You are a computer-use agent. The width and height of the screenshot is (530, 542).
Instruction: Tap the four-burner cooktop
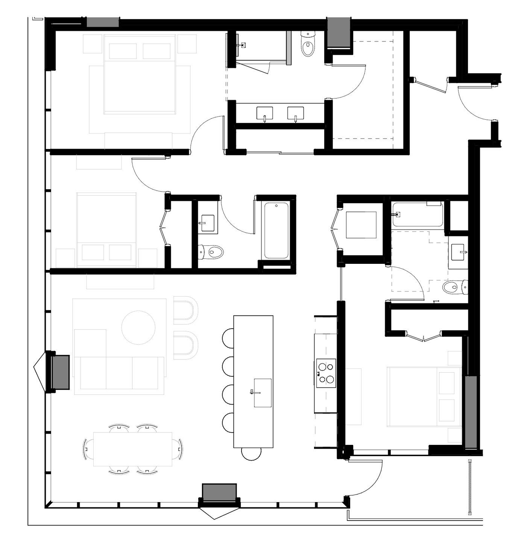click(x=326, y=373)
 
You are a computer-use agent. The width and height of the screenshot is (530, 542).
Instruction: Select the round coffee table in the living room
click(x=138, y=327)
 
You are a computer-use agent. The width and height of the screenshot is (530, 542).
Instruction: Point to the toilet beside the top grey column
click(x=308, y=44)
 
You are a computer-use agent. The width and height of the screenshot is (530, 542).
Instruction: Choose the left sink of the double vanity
click(x=265, y=113)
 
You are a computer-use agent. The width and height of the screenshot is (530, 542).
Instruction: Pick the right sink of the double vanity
click(x=296, y=113)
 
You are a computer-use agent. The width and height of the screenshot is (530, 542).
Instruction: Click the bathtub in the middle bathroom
click(x=276, y=230)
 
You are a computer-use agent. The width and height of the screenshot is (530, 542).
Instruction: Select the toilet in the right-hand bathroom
click(x=454, y=288)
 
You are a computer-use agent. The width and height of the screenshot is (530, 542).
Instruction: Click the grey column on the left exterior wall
click(x=60, y=371)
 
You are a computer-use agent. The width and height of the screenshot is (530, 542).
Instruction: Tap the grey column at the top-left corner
click(x=103, y=22)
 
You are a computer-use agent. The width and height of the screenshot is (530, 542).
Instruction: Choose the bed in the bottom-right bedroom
click(x=424, y=397)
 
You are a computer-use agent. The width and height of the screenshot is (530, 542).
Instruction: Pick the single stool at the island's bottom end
click(x=251, y=454)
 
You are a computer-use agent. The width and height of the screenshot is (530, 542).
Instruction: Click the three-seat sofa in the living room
click(x=119, y=373)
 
